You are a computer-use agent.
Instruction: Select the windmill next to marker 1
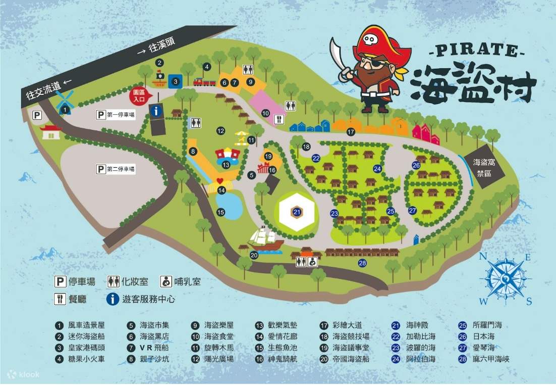(x=65, y=100)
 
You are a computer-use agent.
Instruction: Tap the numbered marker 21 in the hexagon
(x=297, y=212)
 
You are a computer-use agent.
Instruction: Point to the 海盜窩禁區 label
(x=485, y=167)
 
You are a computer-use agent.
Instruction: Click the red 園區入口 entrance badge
(x=139, y=94)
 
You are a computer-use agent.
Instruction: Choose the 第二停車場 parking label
(x=117, y=169)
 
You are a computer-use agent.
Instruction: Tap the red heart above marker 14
(x=219, y=180)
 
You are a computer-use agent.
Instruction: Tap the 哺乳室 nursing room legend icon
(x=165, y=281)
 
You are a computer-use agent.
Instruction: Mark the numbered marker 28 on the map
(x=362, y=263)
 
